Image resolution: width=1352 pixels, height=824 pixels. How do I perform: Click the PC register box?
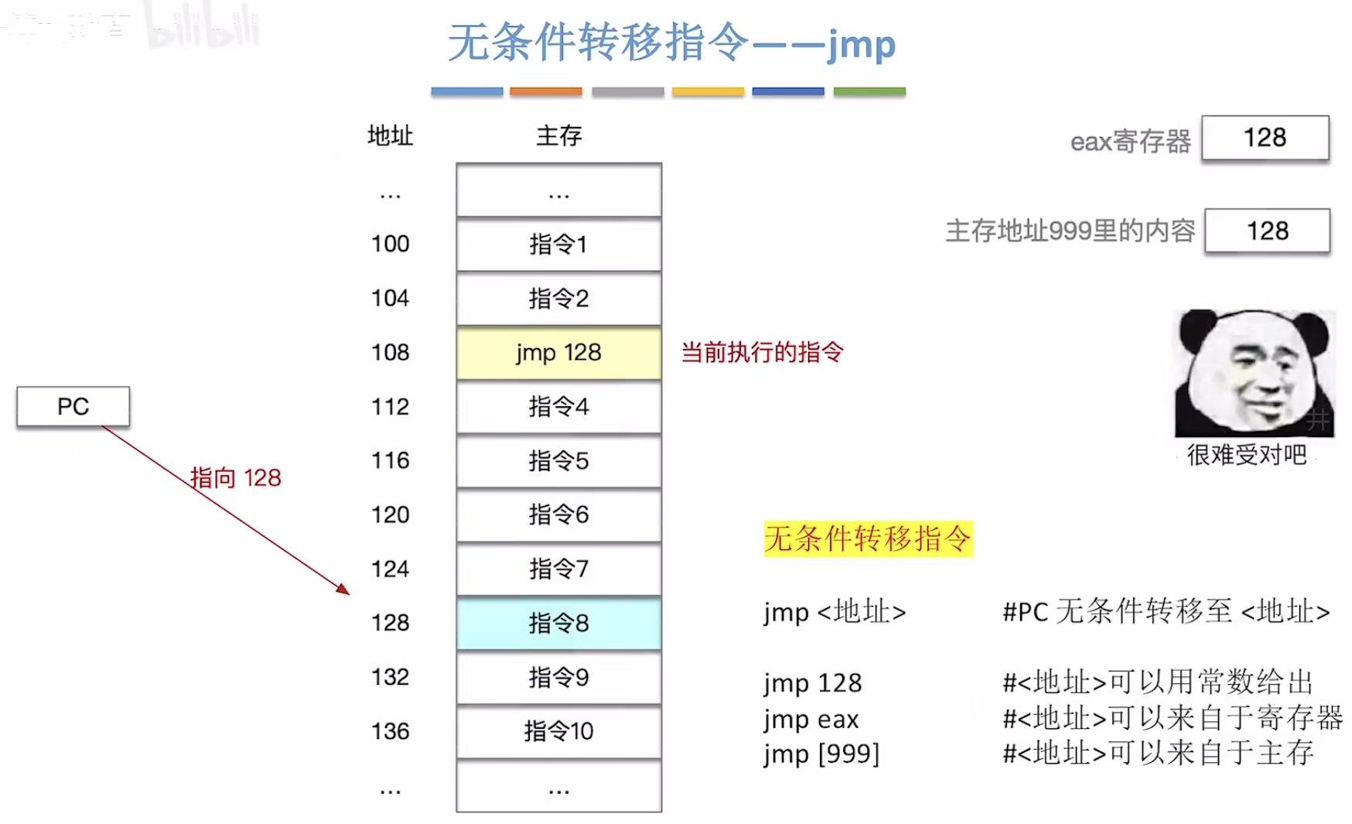[73, 406]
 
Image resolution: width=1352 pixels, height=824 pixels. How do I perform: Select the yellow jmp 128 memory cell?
[558, 353]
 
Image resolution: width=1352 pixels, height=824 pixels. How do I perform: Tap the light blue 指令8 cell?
[558, 623]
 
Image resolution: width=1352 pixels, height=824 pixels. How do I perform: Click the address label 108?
[390, 353]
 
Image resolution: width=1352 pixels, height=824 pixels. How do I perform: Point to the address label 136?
[390, 731]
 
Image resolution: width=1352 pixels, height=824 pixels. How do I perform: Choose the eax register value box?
[1265, 138]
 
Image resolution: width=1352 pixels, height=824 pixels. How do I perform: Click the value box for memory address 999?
[1267, 231]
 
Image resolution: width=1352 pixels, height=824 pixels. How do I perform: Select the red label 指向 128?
[236, 477]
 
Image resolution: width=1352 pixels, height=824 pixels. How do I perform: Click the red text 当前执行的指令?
[762, 353]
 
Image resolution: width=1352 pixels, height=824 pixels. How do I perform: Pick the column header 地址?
[390, 136]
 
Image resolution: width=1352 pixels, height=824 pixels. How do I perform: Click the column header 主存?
[558, 136]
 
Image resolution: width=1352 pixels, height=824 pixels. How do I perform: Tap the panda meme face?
[1254, 373]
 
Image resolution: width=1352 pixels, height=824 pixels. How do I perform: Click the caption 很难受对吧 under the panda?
[1246, 455]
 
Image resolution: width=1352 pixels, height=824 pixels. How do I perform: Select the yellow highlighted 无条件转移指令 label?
[867, 539]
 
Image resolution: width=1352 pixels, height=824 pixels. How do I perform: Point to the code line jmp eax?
[811, 720]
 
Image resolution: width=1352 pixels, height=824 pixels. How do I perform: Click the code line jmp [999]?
[821, 754]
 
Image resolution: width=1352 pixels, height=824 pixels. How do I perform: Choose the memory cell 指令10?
[558, 731]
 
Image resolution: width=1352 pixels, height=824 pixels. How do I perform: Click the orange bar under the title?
[546, 91]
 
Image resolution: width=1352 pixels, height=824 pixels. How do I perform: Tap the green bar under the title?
[869, 91]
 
